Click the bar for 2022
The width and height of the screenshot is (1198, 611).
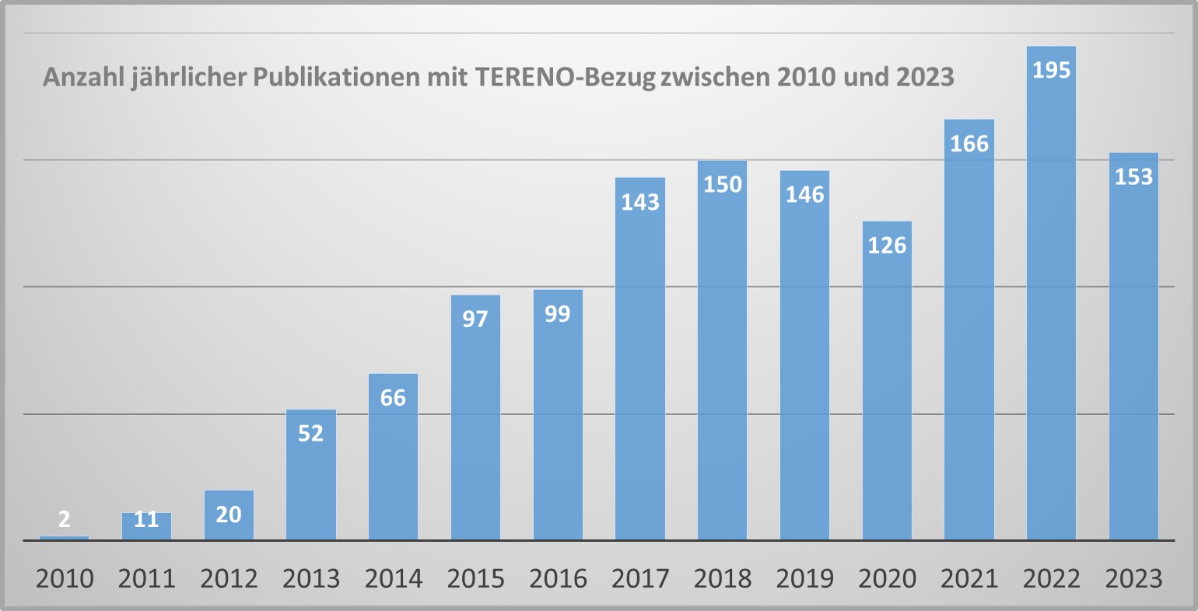pyautogui.click(x=1051, y=311)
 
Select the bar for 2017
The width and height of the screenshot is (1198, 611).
pyautogui.click(x=640, y=373)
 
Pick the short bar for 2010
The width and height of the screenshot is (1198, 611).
pyautogui.click(x=64, y=537)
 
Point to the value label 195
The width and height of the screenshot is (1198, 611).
pyautogui.click(x=1051, y=70)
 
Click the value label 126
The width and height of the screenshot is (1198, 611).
pyautogui.click(x=887, y=245)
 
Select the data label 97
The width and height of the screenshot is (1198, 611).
pyautogui.click(x=475, y=319)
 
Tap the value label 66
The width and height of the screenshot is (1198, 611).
pyautogui.click(x=393, y=397)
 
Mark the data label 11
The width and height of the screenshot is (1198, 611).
pyautogui.click(x=146, y=519)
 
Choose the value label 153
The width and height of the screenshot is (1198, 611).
pyautogui.click(x=1133, y=177)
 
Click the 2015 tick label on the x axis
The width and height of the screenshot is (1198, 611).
pyautogui.click(x=475, y=579)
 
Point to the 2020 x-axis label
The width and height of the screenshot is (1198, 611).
pyautogui.click(x=887, y=579)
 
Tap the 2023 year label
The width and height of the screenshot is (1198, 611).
pyautogui.click(x=1133, y=579)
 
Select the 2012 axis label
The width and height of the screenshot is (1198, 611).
pyautogui.click(x=229, y=579)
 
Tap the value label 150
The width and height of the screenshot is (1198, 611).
pyautogui.click(x=722, y=185)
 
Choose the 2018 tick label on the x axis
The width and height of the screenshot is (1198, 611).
pyautogui.click(x=722, y=579)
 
